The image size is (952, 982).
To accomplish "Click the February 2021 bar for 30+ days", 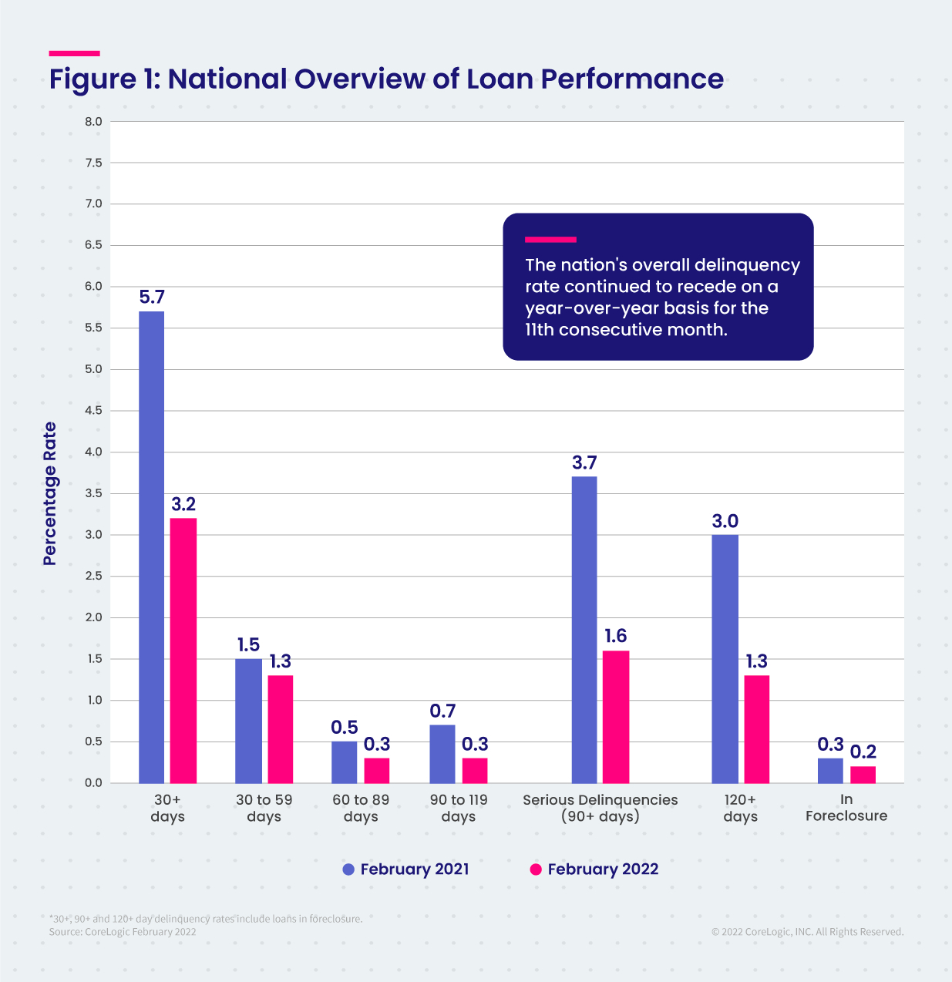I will [151, 547].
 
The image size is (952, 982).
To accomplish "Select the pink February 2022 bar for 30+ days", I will [183, 651].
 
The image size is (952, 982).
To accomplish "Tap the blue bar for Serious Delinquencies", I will [584, 630].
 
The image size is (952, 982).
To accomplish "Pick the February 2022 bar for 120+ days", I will [756, 729].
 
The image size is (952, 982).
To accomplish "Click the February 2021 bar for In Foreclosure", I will [830, 771].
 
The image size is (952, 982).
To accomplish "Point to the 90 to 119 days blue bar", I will [442, 754].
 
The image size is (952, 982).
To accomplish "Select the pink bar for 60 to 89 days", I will [377, 771].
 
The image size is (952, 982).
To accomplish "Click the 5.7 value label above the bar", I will [152, 298].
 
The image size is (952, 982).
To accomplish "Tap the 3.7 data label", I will [584, 462].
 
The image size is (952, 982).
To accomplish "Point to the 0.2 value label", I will [863, 752].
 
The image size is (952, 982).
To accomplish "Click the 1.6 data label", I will [615, 636].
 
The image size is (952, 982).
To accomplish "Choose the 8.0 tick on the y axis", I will [93, 122].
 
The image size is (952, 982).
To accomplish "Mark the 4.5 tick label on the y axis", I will [93, 411].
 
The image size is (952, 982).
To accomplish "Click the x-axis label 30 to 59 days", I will [264, 808].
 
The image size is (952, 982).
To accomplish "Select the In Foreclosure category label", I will [846, 808].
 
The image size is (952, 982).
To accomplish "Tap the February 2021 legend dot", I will [348, 869].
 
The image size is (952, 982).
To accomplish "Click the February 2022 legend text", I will [603, 869].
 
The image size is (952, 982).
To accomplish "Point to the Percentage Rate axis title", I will [50, 493].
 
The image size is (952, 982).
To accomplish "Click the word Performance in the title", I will [632, 79].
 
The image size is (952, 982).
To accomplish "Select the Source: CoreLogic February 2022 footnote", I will [123, 932].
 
